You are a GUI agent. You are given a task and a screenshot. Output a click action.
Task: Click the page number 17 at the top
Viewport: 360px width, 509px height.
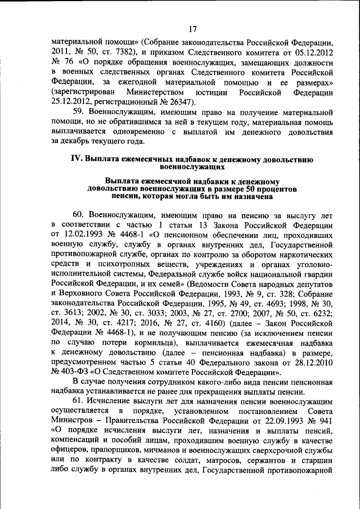pyautogui.click(x=193, y=29)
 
